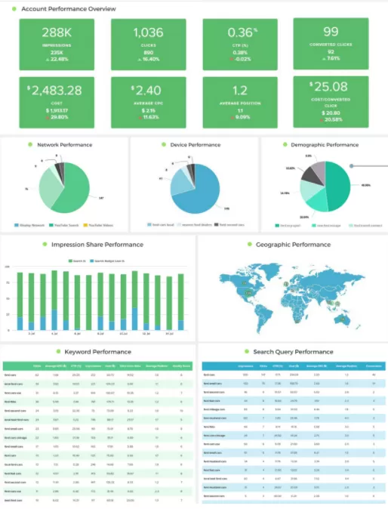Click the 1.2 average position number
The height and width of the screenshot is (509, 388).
[x=239, y=90]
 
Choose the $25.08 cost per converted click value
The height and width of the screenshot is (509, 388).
[x=331, y=87]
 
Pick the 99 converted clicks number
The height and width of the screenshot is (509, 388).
[x=331, y=31]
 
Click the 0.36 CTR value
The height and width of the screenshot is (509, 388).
[x=239, y=32]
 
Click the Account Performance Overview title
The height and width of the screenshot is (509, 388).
[x=69, y=8]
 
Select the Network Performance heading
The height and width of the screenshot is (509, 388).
[x=66, y=144]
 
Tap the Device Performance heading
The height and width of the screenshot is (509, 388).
[x=195, y=144]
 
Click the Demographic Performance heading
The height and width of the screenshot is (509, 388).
[x=327, y=144]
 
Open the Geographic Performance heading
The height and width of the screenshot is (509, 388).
[x=294, y=245]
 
